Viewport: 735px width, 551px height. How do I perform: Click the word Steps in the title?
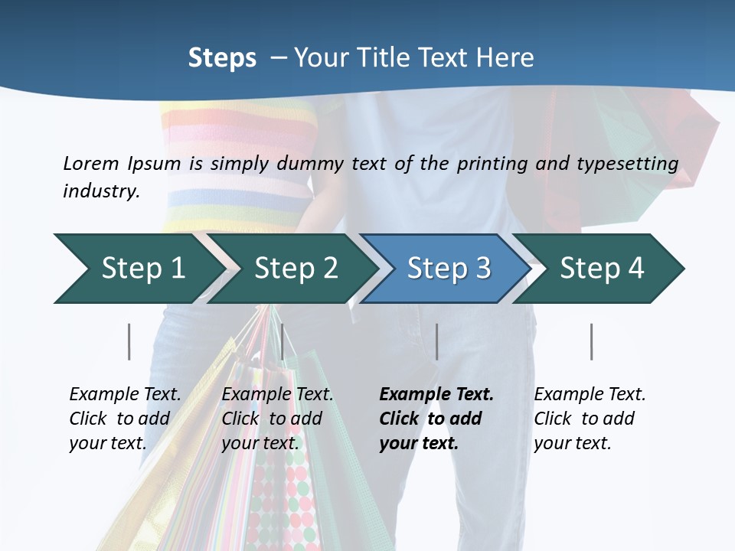click(222, 58)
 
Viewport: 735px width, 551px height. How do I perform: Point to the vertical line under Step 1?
click(129, 341)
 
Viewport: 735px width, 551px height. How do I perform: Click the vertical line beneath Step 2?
click(283, 341)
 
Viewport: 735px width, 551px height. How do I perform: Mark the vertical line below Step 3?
click(436, 341)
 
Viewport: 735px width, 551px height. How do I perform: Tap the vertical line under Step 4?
click(591, 341)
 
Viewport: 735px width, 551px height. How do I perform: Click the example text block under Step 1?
click(125, 419)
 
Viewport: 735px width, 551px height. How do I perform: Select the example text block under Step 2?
click(277, 419)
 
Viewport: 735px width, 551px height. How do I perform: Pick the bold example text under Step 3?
click(436, 419)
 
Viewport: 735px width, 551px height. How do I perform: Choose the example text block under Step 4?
click(590, 419)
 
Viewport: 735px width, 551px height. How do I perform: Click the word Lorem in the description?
click(91, 164)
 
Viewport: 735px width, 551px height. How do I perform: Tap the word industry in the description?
click(100, 191)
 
